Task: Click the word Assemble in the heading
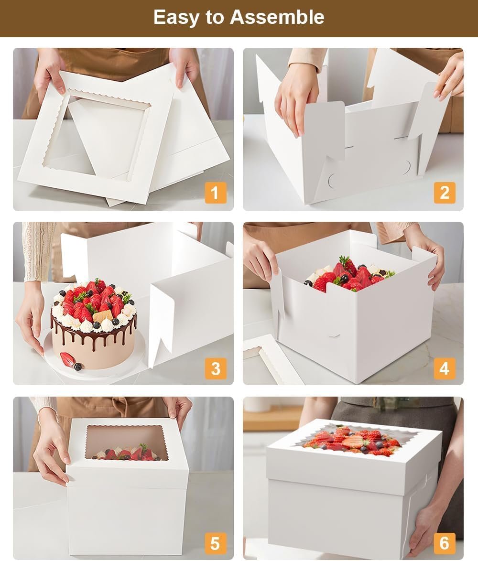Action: (x=277, y=18)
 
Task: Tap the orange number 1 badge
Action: (x=215, y=193)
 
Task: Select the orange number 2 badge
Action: (x=445, y=193)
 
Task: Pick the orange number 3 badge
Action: (x=216, y=368)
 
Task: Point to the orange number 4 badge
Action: (x=445, y=368)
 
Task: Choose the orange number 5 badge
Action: (x=216, y=543)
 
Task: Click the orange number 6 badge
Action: (x=445, y=543)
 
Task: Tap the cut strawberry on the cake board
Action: (x=67, y=359)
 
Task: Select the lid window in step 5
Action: (x=127, y=442)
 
